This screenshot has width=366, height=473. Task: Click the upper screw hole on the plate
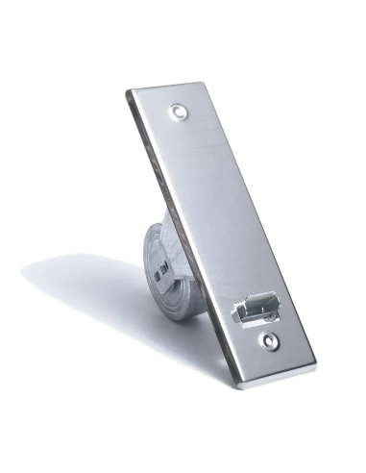click(x=180, y=112)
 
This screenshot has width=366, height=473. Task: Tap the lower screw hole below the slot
click(x=270, y=339)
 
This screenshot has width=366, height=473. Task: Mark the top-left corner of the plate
click(x=128, y=92)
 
